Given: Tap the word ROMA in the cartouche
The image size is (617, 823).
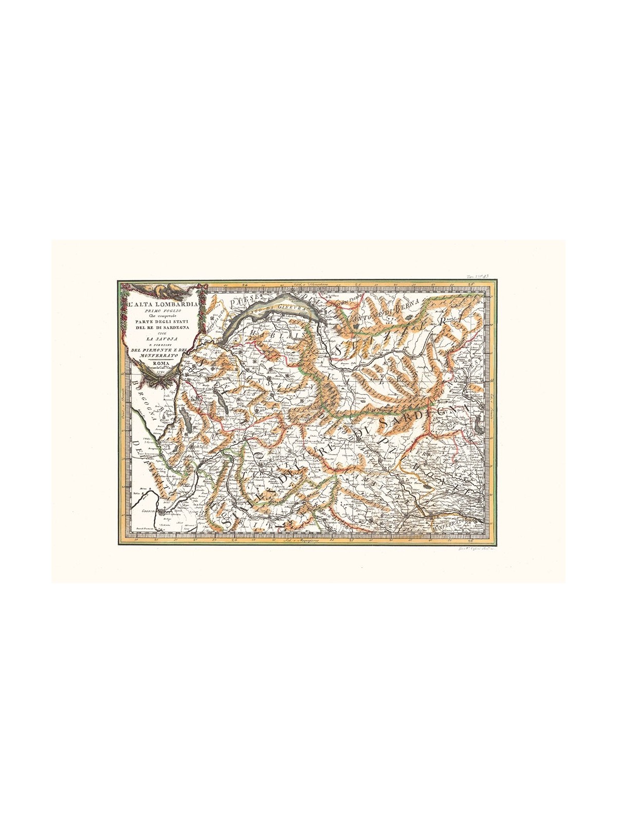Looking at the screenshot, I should coord(154,362).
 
